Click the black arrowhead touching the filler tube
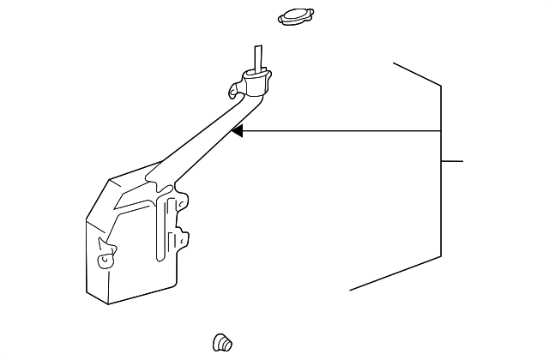pos(238,131)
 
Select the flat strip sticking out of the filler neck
pos(257,59)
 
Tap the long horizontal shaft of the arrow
pos(343,131)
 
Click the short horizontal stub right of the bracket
pos(452,160)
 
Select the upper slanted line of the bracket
pos(417,74)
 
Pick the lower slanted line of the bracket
pos(395,273)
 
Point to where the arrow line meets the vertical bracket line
pos(441,131)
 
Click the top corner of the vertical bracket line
pos(441,85)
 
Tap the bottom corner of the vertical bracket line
pos(441,255)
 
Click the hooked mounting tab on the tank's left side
pos(106,255)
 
